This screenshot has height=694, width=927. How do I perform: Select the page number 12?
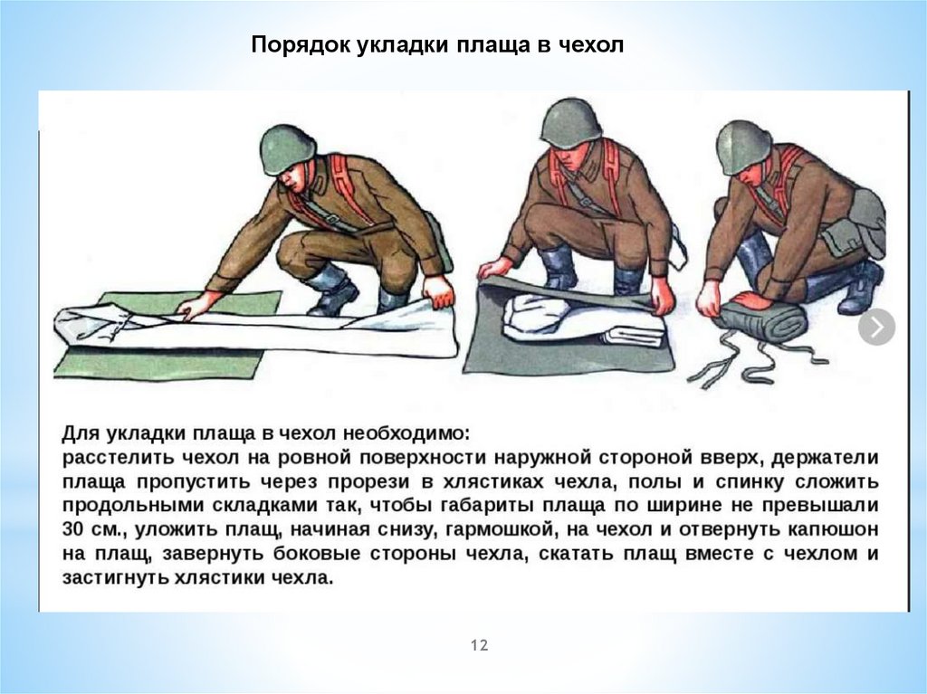click(x=480, y=645)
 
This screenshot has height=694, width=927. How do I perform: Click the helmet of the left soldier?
click(x=288, y=149)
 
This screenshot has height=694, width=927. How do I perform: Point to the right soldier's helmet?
click(x=745, y=147)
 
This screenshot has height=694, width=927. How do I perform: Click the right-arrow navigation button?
click(x=876, y=327)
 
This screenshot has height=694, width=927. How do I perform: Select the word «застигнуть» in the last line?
click(x=115, y=577)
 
